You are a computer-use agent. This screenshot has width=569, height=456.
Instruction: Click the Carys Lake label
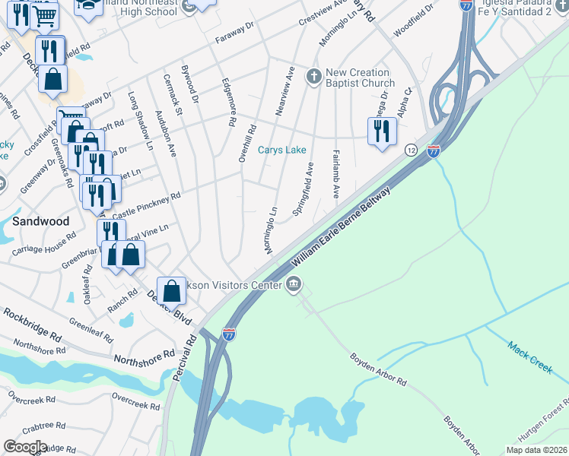281,150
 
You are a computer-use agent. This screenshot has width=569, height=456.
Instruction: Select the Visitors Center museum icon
294,285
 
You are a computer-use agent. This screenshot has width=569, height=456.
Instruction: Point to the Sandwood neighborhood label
40,221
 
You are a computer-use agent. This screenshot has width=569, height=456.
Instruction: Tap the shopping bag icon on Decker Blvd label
172,290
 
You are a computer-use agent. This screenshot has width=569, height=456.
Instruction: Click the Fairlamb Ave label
335,174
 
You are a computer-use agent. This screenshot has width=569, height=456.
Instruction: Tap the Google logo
25,447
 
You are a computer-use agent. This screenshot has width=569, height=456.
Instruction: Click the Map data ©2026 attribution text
536,450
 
